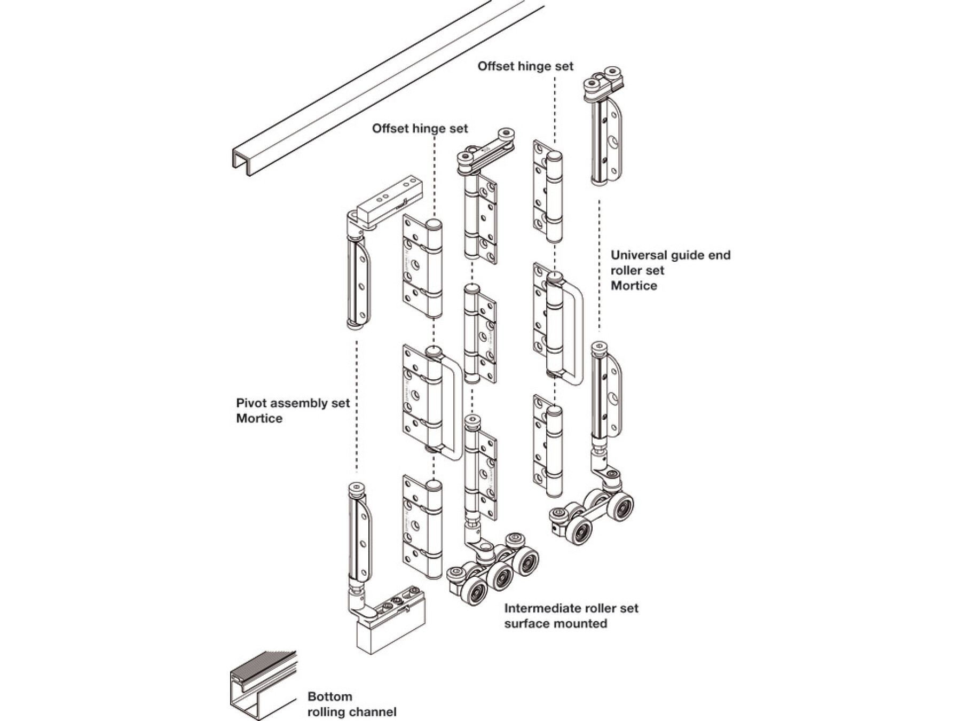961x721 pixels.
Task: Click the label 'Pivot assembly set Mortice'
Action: point(293,410)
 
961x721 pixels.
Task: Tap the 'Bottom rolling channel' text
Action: point(352,704)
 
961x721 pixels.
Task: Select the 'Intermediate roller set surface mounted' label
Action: point(571,615)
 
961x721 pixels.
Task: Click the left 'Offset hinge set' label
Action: point(420,128)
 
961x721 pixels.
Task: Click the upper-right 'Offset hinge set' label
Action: point(525,66)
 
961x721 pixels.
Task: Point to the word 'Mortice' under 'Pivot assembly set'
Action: point(259,418)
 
